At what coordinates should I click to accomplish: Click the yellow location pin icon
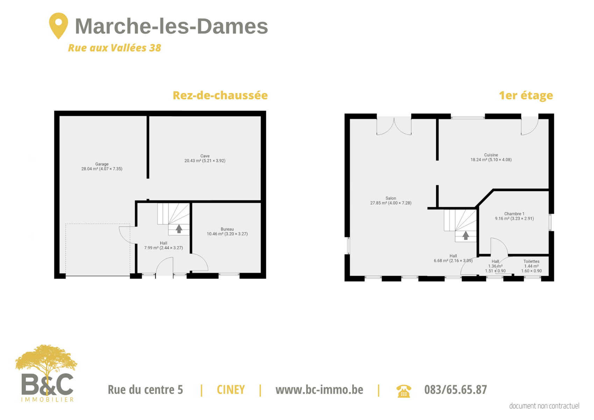point(59,26)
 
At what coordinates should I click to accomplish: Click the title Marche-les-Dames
point(171,26)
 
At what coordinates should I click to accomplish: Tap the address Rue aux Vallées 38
point(114,48)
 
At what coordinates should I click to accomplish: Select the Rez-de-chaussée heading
point(220,95)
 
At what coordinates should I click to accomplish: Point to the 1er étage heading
point(526,96)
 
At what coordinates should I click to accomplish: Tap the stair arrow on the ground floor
point(179,229)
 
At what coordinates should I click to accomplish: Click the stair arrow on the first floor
point(466,235)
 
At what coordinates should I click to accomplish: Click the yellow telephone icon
point(404,391)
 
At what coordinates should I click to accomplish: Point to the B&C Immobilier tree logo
point(47,373)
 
